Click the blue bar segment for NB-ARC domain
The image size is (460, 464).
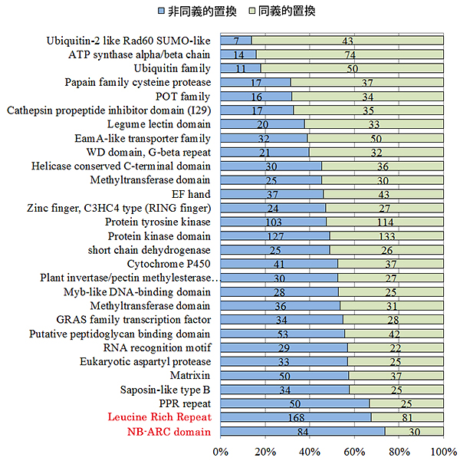tap(302, 432)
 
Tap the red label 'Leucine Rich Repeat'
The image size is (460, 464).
tap(159, 418)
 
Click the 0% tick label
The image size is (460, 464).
tap(221, 450)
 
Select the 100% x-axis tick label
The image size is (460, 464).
tap(443, 450)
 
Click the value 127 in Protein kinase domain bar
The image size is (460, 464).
tap(274, 236)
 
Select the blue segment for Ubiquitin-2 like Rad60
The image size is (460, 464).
tap(235, 41)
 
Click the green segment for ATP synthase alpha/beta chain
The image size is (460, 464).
tap(350, 54)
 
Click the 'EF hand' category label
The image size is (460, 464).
tap(193, 194)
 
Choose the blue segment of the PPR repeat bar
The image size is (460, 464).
tap(294, 403)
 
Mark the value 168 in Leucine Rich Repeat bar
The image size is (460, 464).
tap(295, 418)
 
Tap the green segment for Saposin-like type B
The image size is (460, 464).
tap(396, 390)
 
